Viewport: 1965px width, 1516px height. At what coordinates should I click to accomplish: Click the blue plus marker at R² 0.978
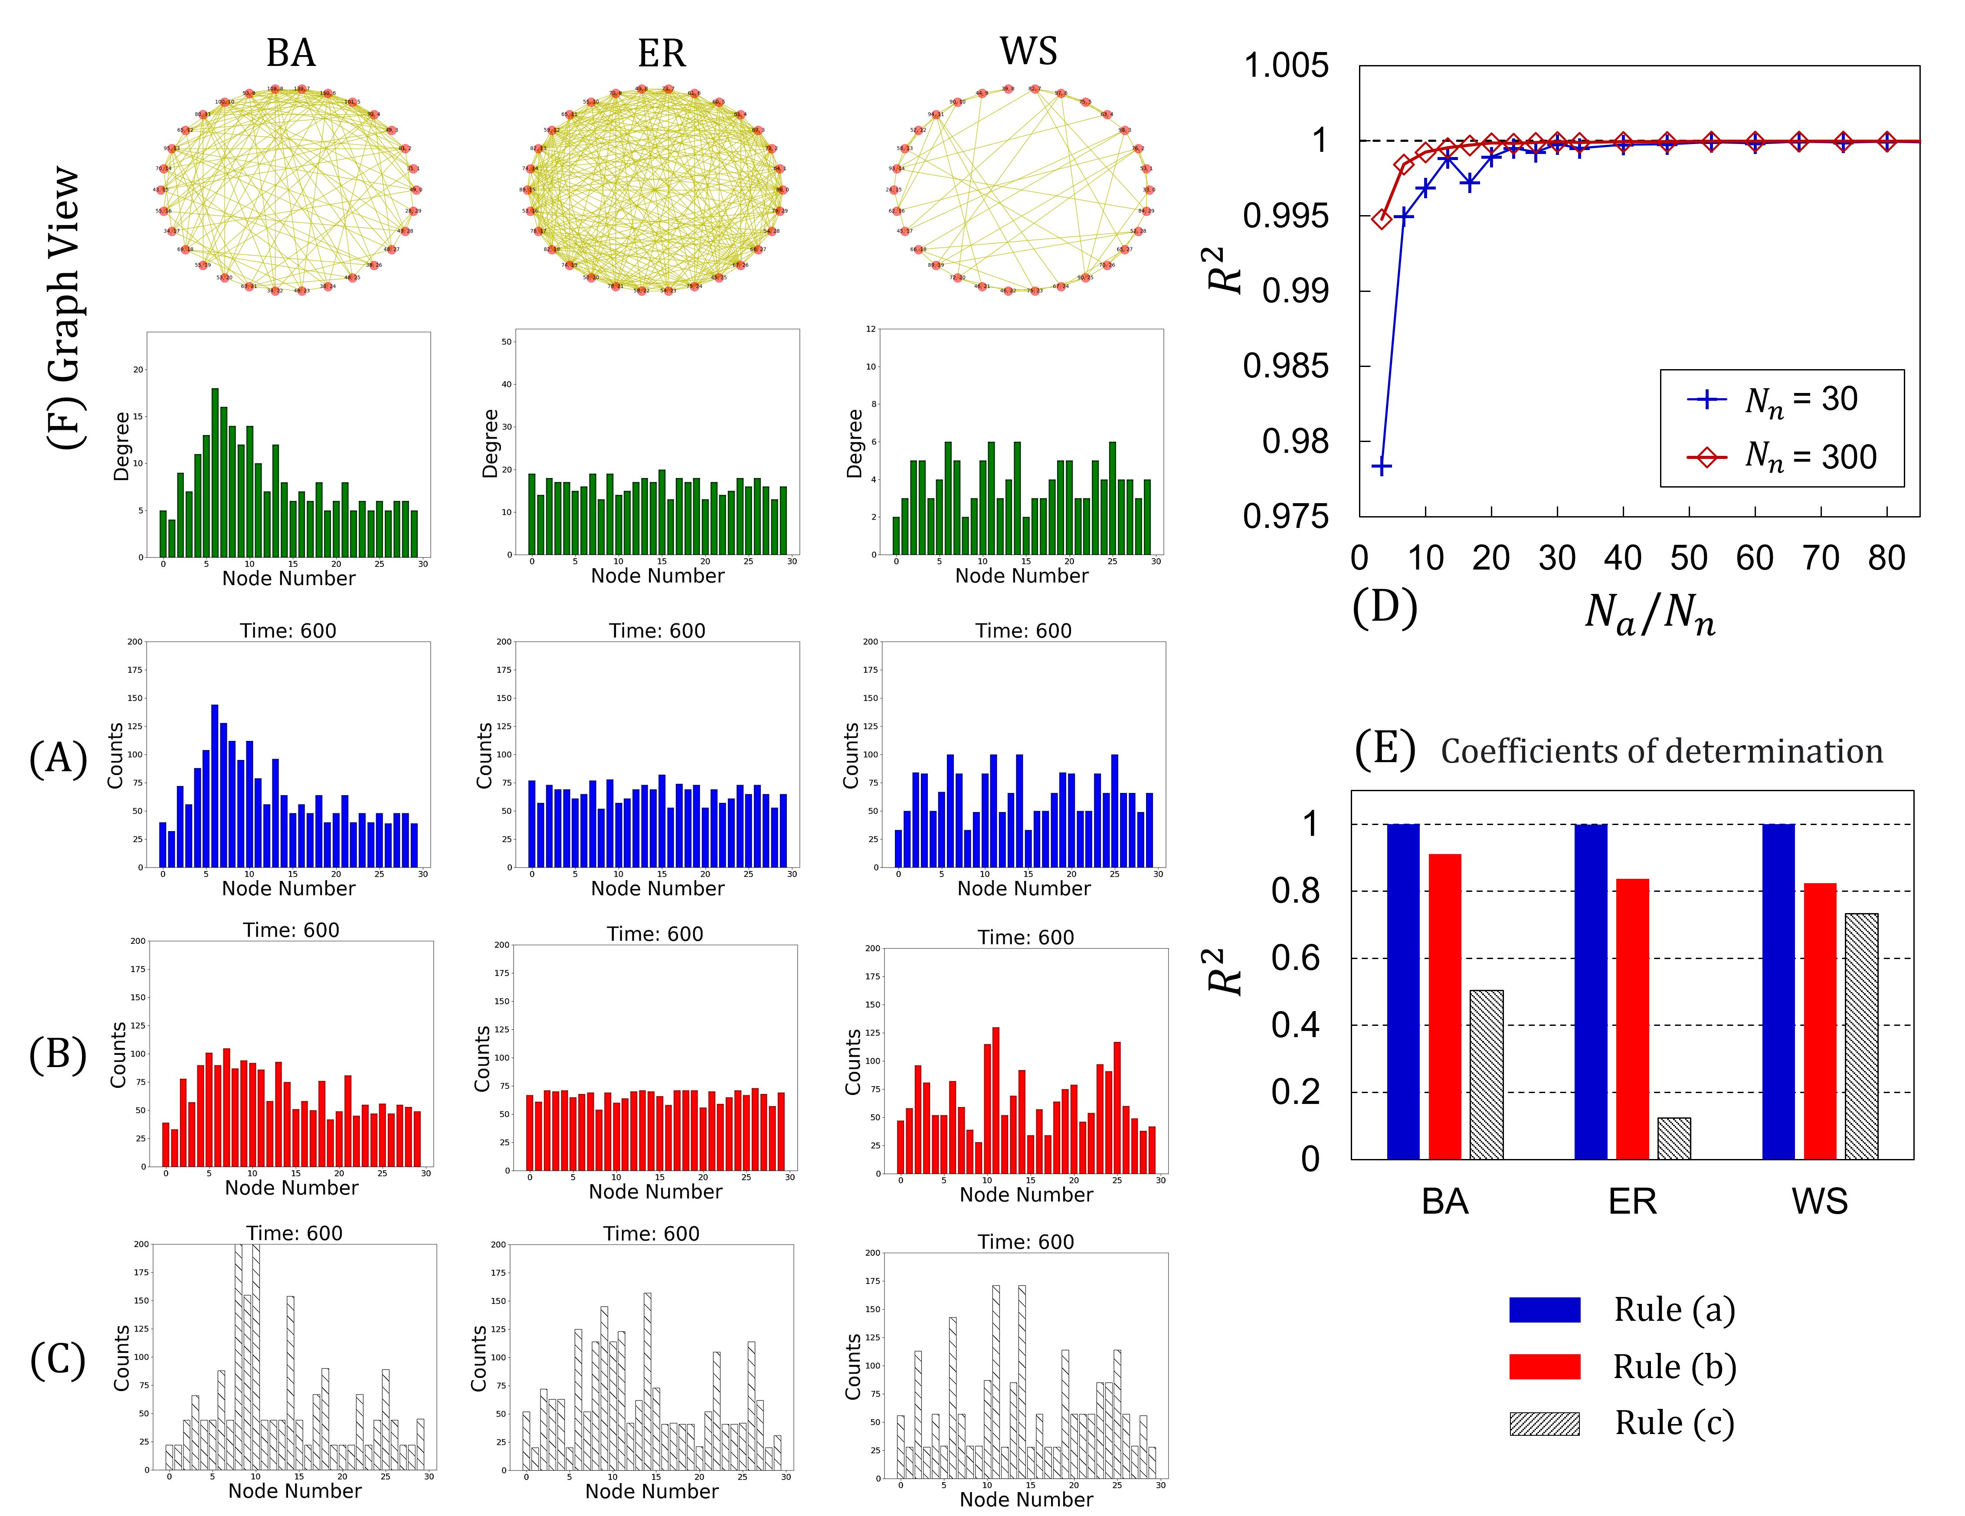(1381, 466)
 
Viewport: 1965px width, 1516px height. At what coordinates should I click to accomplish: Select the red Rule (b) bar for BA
(1445, 1006)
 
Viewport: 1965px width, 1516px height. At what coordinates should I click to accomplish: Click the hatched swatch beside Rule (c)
(1544, 1423)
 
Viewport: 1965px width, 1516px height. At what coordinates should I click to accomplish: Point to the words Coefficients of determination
(1661, 751)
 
